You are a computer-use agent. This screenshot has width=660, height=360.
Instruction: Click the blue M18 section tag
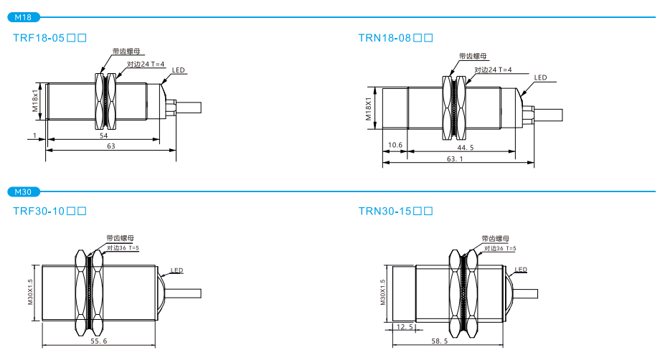(x=23, y=16)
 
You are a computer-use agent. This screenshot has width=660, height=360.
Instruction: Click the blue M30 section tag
(x=23, y=192)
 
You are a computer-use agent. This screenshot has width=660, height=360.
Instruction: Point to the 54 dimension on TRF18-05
(x=103, y=136)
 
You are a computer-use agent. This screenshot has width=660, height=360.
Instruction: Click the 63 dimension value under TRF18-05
(x=110, y=146)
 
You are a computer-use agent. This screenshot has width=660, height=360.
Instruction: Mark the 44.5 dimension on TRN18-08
(x=466, y=148)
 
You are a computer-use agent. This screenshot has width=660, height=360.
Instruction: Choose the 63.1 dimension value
(x=456, y=159)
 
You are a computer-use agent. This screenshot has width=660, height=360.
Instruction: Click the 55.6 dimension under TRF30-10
(x=99, y=341)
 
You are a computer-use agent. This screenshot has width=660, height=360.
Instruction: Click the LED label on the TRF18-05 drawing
(x=179, y=70)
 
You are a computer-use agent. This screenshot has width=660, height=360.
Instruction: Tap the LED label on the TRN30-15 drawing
(x=521, y=270)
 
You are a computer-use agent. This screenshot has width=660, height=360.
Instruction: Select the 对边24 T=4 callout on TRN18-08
(x=493, y=70)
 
